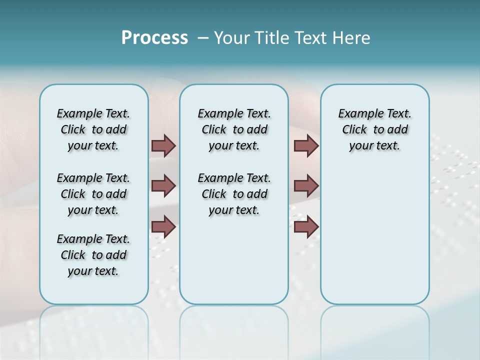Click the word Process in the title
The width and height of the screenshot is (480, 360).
(154, 38)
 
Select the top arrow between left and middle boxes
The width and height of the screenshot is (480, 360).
(163, 145)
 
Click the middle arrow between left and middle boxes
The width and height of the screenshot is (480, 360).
(163, 186)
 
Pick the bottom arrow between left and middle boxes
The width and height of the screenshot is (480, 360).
(163, 227)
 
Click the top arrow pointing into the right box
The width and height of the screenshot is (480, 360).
(306, 145)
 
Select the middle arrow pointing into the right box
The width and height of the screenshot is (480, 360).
(306, 186)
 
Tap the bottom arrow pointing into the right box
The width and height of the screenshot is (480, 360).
(306, 227)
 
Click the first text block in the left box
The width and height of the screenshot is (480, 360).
(93, 129)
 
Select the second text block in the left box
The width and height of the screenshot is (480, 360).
(93, 194)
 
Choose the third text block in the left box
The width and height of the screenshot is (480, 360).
(93, 255)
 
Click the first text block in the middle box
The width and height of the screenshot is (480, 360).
(234, 129)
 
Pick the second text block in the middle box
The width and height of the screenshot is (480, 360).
(234, 194)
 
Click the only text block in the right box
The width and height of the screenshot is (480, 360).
(374, 129)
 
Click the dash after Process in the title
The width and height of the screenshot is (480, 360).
(203, 38)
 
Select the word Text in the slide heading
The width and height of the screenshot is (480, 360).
(307, 38)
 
